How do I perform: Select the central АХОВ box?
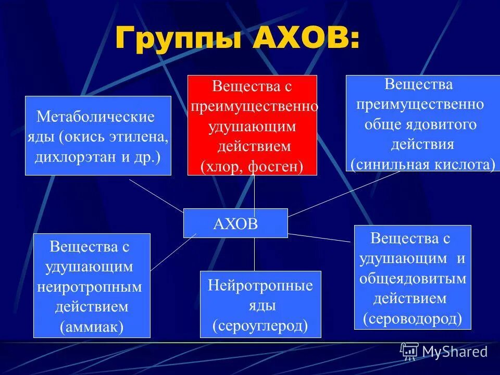[235, 223]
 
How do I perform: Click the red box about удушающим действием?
[252, 125]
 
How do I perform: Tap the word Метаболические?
[96, 117]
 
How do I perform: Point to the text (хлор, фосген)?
[252, 166]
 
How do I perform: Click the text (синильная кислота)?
[422, 165]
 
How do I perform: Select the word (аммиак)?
[92, 327]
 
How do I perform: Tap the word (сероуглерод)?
[260, 326]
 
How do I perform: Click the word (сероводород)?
[413, 318]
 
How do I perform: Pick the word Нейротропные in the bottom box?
[260, 285]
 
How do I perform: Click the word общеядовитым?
[413, 279]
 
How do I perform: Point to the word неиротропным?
[90, 287]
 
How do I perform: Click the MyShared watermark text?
[455, 352]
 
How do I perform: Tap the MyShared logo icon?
[409, 351]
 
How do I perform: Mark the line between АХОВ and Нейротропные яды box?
[254, 254]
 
